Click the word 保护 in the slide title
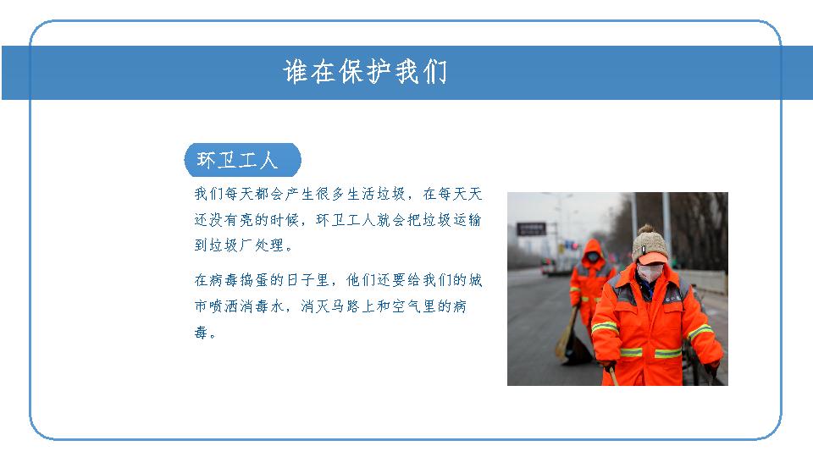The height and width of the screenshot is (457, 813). [x=365, y=71]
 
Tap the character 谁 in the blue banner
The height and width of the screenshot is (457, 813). [x=296, y=71]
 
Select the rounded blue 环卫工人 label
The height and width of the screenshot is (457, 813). [x=243, y=160]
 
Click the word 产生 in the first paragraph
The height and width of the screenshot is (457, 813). [x=300, y=195]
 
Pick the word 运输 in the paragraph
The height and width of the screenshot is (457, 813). [x=467, y=220]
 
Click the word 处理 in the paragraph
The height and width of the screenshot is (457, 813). [x=269, y=245]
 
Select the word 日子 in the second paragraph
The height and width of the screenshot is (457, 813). [x=300, y=280]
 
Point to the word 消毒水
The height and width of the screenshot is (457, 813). [x=262, y=306]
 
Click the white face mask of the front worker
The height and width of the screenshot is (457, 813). [x=650, y=273]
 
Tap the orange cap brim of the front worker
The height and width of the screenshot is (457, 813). [x=652, y=258]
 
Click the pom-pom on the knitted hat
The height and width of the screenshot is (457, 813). [x=645, y=228]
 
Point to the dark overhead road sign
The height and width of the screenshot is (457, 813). [x=532, y=229]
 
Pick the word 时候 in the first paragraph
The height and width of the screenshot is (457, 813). [x=285, y=220]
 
